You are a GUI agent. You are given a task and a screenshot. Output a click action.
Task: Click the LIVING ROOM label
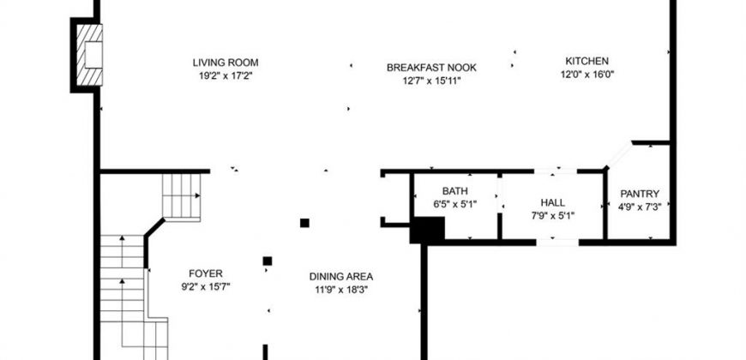coord(226,63)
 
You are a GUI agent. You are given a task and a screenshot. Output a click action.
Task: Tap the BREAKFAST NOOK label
coord(431,68)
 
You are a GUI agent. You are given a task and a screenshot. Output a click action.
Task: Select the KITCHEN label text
coord(587,61)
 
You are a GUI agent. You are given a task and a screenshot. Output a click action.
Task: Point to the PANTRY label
coord(640,194)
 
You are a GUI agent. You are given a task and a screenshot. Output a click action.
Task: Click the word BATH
coord(454,191)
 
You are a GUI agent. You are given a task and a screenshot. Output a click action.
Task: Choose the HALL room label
coord(553,202)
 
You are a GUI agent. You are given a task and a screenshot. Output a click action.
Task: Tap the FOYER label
coord(206,273)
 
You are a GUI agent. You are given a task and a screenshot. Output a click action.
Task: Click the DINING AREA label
coord(341,276)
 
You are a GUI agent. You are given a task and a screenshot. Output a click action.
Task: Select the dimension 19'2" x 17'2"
coord(226,75)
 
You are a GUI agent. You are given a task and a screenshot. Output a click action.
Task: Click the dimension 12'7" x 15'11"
coord(431,81)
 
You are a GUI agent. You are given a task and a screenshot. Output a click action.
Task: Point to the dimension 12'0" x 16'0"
coord(587,75)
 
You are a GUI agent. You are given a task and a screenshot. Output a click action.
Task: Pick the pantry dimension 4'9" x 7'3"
coord(640,207)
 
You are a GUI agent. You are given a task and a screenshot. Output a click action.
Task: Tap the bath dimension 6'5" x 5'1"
coord(454,205)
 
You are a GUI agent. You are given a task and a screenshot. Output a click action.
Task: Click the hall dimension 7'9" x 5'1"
coord(553,216)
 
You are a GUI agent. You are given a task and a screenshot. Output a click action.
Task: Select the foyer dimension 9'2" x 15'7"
coord(206,287)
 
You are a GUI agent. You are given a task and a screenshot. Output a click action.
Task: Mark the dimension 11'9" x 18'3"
coord(341,290)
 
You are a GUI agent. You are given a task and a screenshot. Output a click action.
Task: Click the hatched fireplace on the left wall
coord(89,55)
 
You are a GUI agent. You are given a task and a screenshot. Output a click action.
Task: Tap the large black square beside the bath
coord(427,231)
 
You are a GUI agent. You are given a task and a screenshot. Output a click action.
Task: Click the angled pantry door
coord(619,155)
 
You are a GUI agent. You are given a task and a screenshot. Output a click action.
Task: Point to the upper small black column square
coord(304,223)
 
